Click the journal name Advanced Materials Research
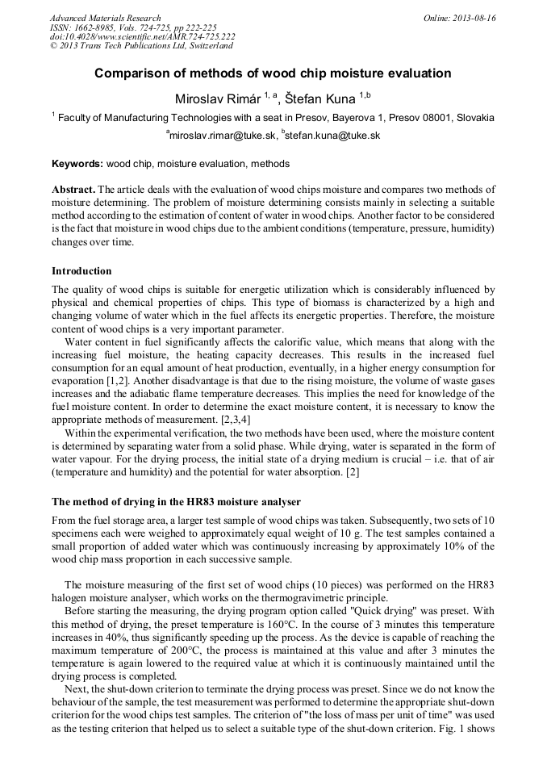coord(105,18)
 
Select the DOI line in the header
coord(142,37)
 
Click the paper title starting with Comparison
coord(273,73)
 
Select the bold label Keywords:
coord(77,164)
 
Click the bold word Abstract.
coord(73,189)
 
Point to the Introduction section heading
coord(81,270)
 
